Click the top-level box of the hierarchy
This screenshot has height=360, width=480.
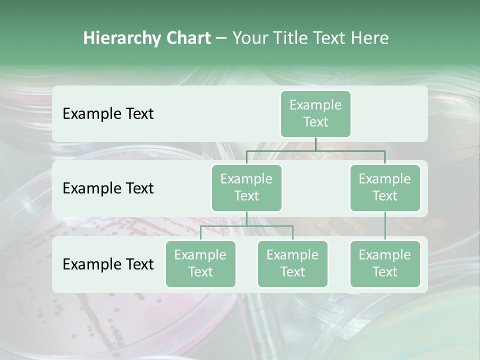(315, 113)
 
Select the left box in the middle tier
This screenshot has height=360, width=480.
(246, 187)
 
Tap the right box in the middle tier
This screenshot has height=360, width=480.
(385, 187)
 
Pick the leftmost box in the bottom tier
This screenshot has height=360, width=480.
(200, 263)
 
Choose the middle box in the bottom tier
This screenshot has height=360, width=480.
(292, 263)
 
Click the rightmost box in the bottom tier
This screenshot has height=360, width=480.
(385, 263)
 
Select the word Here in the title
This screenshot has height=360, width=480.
(370, 38)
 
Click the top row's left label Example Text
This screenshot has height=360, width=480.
(108, 113)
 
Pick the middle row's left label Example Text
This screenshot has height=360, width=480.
(108, 188)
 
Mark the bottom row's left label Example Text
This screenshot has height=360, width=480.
(108, 264)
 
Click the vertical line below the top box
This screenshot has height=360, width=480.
(315, 144)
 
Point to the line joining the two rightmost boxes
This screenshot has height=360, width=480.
(385, 226)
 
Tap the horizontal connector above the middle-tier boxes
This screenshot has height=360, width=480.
(315, 150)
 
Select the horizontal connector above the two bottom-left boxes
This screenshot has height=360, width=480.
(246, 226)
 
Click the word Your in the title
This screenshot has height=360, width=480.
(249, 38)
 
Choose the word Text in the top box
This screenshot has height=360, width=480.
(315, 122)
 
